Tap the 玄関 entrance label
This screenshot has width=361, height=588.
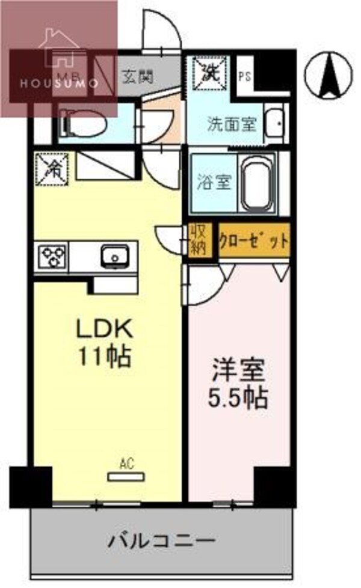tap(137, 77)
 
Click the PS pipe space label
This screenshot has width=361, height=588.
tap(244, 76)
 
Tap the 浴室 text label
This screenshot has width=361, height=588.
tap(214, 182)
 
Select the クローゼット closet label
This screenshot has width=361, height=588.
tap(253, 240)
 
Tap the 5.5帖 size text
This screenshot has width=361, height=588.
tap(238, 398)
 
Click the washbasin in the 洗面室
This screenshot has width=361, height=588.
tap(276, 125)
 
